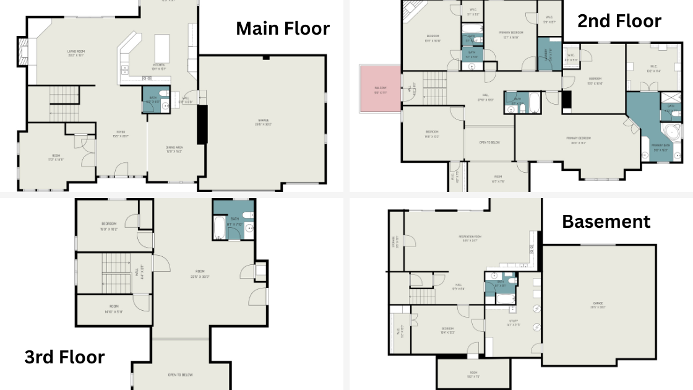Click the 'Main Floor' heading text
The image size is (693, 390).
tap(283, 28)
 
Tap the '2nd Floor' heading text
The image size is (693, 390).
tap(619, 21)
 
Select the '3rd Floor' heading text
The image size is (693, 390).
tap(64, 357)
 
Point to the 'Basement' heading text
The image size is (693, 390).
tap(606, 221)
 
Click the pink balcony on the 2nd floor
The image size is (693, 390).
tap(380, 90)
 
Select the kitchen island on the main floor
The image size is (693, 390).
tap(162, 46)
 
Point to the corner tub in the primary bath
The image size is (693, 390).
tap(670, 132)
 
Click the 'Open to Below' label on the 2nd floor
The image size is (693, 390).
tap(489, 143)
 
